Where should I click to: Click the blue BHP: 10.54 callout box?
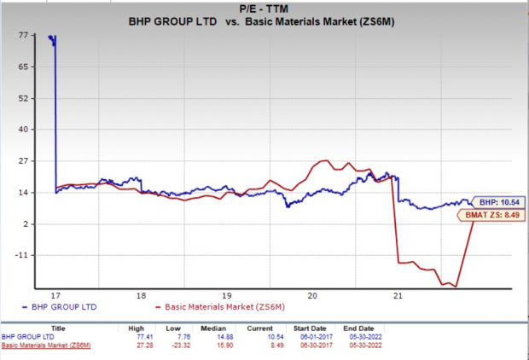click(495, 202)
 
